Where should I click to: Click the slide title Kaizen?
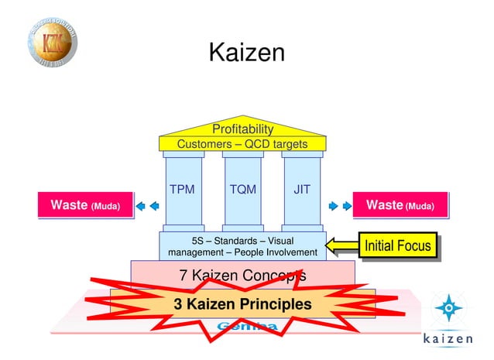[247, 53]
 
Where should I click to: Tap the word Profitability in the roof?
[242, 129]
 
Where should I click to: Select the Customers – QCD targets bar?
[242, 144]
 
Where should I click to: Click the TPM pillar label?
[184, 189]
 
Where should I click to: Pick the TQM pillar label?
[242, 189]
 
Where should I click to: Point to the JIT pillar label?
[301, 189]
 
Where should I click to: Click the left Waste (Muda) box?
[84, 205]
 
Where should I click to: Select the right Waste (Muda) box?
[400, 205]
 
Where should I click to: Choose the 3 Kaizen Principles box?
[242, 304]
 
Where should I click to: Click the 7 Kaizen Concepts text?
[242, 276]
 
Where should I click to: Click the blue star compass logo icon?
[446, 309]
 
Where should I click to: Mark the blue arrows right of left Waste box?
[148, 206]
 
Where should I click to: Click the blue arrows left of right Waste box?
[337, 206]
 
